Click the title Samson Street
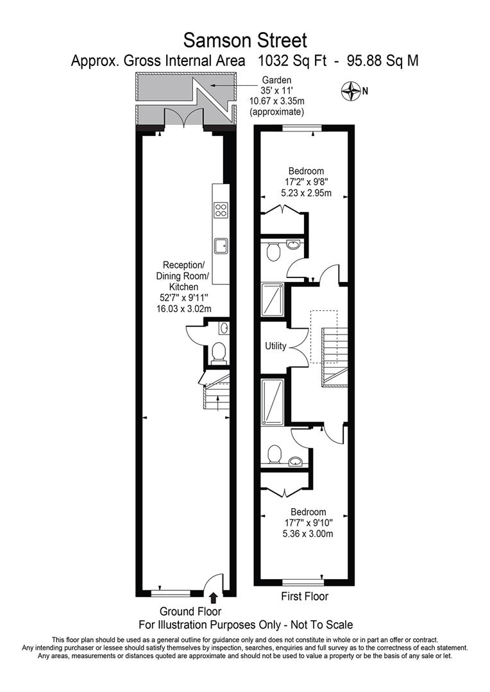pos(245,40)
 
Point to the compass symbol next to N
pos(351,92)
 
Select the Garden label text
pos(276,81)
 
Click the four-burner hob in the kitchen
pos(221,210)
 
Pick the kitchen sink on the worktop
pos(221,245)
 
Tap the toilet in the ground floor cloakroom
pos(219,352)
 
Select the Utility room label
pos(276,346)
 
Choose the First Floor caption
pos(305,597)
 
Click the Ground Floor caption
pos(190,612)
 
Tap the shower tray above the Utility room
pos(275,301)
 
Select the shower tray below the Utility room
pos(275,402)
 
